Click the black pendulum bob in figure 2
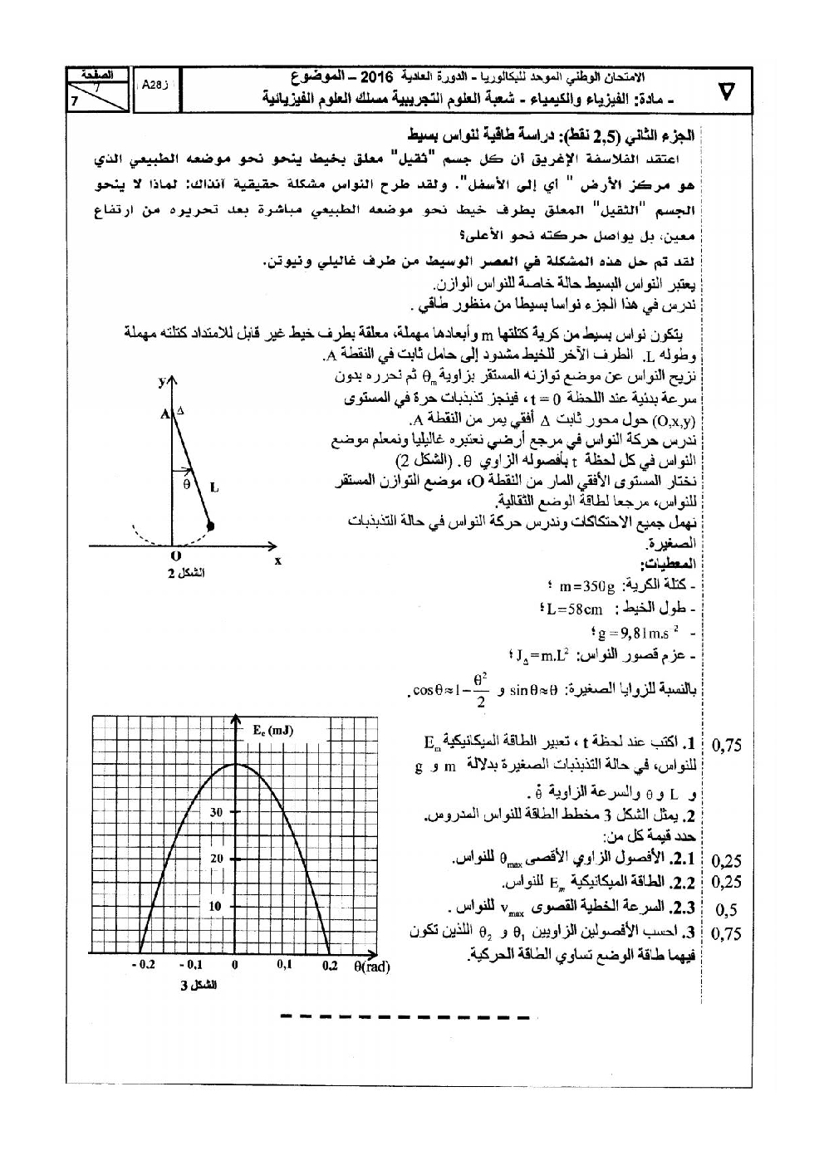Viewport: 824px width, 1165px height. pos(210,526)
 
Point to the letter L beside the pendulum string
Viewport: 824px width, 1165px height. pos(214,488)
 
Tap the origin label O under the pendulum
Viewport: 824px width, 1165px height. pos(174,556)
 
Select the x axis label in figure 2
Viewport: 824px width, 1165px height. pos(277,560)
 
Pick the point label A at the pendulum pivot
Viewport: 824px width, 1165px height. pos(164,412)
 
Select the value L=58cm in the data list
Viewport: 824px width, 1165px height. pos(573,609)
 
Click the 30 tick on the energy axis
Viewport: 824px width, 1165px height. pos(216,812)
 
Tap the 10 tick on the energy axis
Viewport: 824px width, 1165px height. pos(216,906)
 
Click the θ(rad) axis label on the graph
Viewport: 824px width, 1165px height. pos(371,966)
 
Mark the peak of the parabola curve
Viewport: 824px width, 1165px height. pos(237,764)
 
